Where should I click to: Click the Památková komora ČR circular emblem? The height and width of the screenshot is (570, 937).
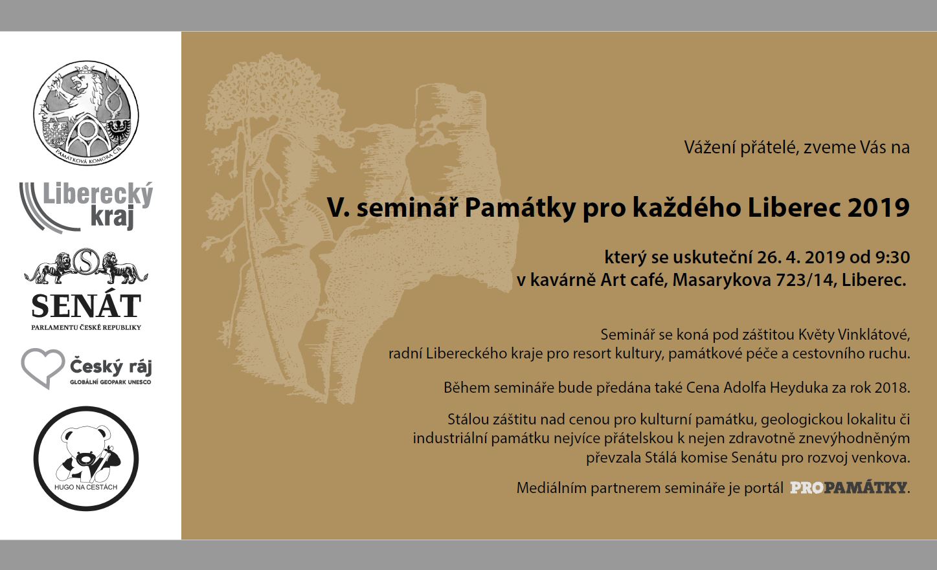click(86, 113)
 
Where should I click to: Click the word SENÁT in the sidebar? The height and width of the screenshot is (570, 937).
click(86, 306)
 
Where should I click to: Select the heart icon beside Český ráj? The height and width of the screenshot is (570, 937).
click(43, 367)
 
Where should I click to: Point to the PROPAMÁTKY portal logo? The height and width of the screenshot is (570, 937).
click(848, 488)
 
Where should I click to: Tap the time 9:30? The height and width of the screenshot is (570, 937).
click(893, 257)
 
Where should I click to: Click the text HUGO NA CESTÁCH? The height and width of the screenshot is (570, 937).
click(85, 487)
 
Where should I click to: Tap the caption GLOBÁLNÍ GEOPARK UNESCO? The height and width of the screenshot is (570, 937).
click(111, 382)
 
